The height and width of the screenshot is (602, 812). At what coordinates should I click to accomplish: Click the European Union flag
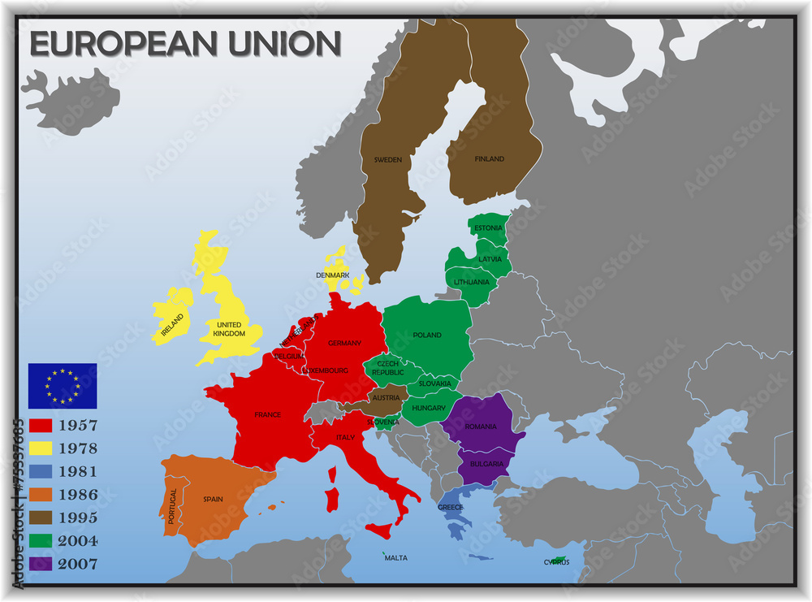(x=63, y=385)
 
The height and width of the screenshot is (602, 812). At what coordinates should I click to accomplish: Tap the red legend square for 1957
(x=41, y=425)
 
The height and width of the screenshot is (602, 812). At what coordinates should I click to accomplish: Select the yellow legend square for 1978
(x=41, y=448)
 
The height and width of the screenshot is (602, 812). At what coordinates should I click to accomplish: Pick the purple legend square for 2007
(x=41, y=564)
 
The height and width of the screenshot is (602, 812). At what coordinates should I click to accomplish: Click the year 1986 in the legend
(x=78, y=495)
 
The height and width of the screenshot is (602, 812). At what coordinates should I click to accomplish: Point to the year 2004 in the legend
(x=78, y=541)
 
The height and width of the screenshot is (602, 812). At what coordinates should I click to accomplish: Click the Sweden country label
(x=387, y=160)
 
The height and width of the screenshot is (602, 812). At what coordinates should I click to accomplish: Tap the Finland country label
(x=489, y=159)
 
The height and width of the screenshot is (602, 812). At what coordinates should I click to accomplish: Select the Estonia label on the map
(x=488, y=228)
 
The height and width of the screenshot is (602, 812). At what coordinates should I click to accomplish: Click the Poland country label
(x=427, y=335)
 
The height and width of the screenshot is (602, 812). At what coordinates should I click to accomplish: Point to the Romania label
(x=481, y=427)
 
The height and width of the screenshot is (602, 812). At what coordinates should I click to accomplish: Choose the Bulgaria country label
(x=485, y=464)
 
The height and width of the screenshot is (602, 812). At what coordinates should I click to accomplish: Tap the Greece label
(x=451, y=508)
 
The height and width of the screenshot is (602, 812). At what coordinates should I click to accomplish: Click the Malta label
(x=396, y=558)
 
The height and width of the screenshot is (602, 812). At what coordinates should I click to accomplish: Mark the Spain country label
(x=214, y=499)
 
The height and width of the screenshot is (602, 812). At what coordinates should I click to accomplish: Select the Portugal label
(x=171, y=505)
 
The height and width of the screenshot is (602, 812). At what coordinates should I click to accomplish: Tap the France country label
(x=267, y=415)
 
